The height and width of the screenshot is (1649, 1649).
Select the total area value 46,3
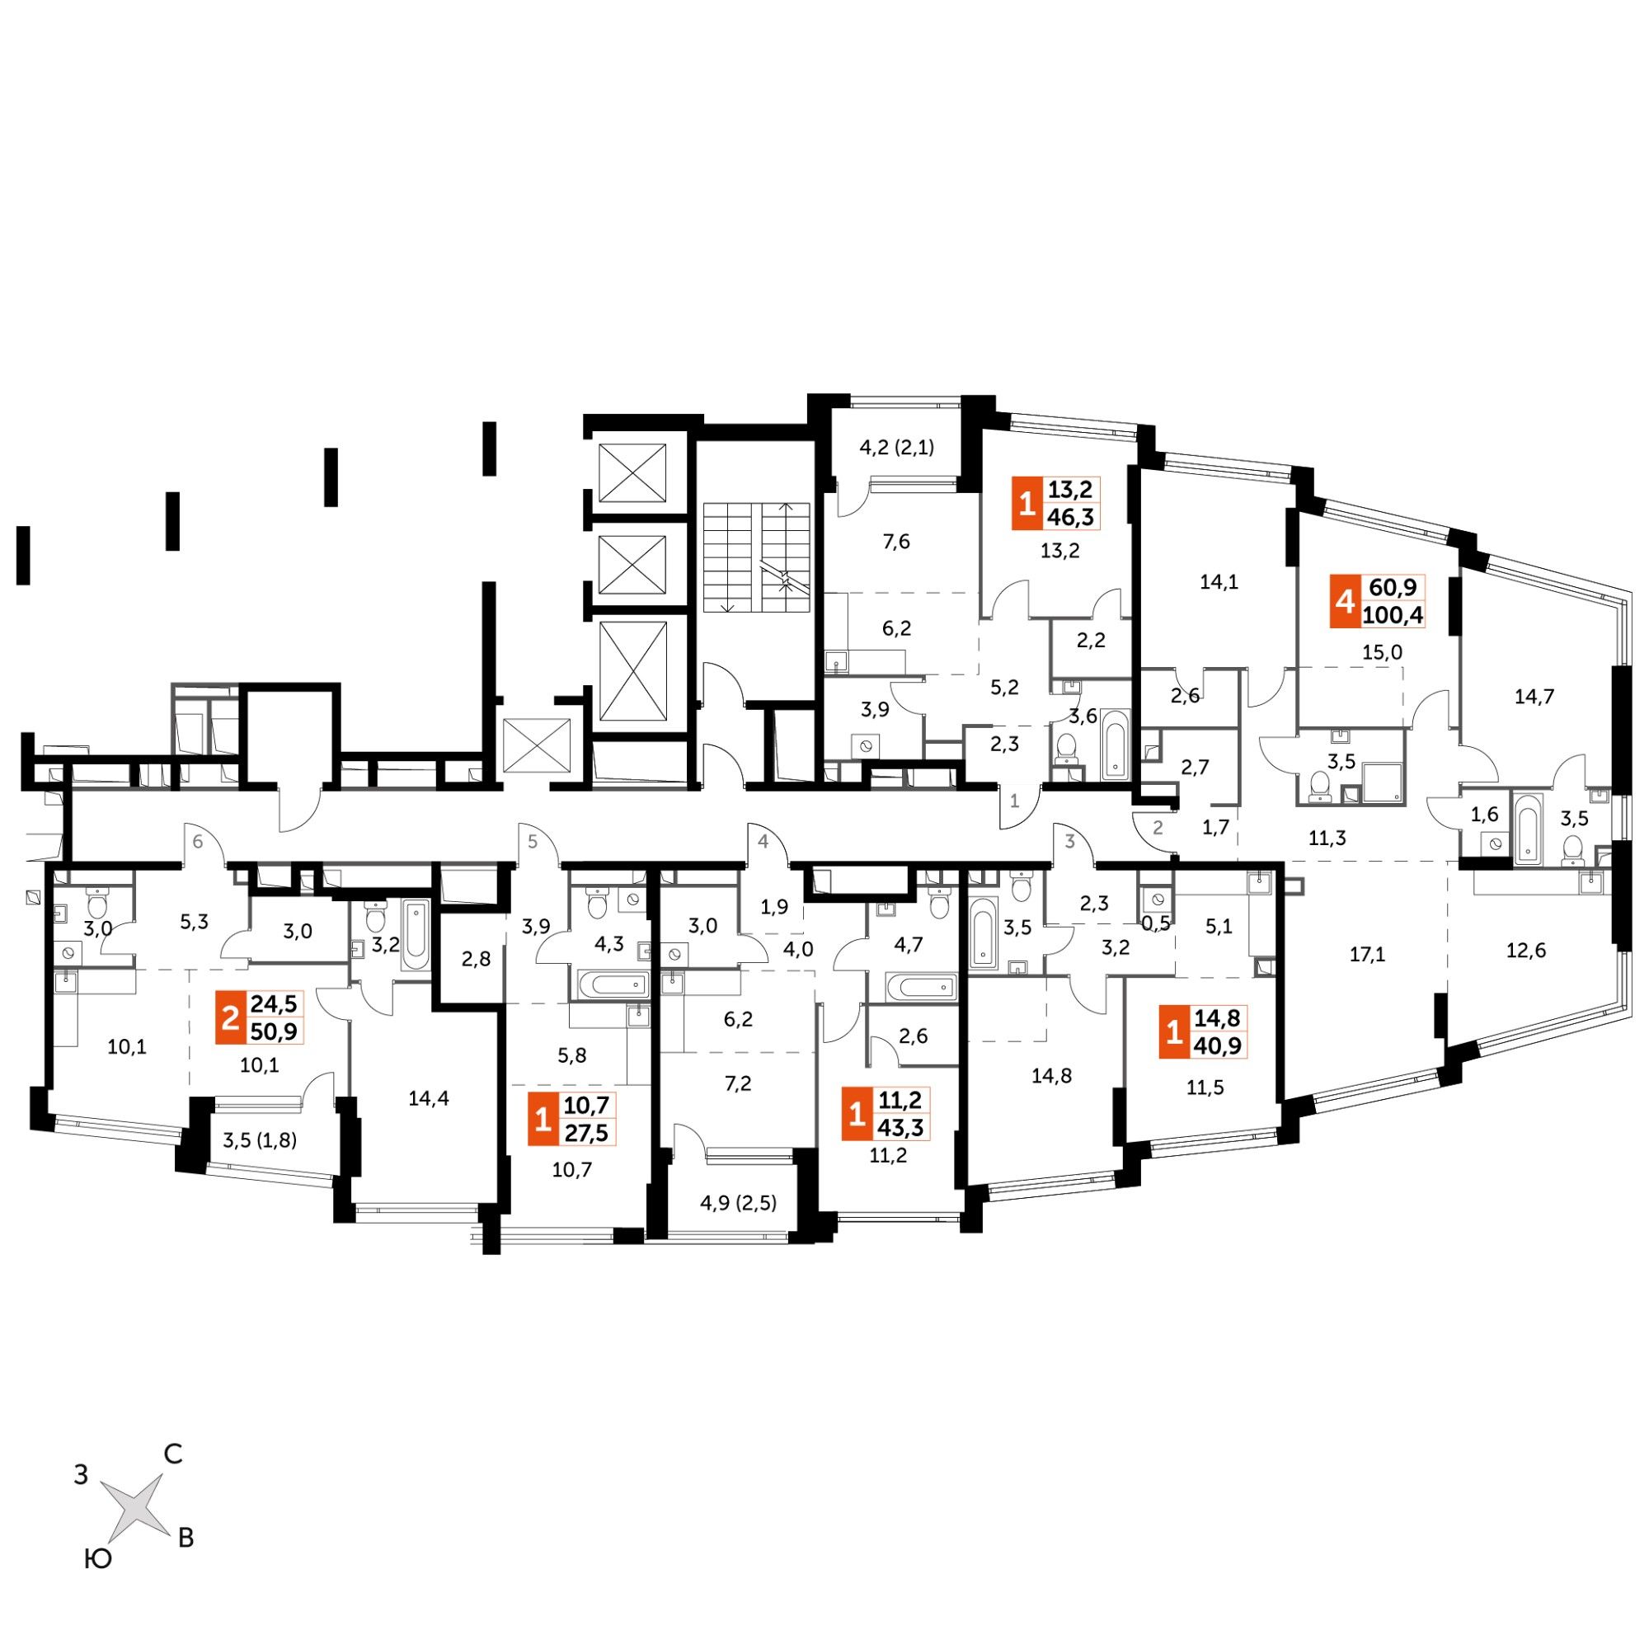pyautogui.click(x=1074, y=516)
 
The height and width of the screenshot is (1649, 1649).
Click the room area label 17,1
pyautogui.click(x=1367, y=953)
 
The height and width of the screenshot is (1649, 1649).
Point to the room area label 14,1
pyautogui.click(x=1219, y=582)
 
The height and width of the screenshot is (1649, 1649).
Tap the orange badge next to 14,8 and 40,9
pyautogui.click(x=1173, y=1033)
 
